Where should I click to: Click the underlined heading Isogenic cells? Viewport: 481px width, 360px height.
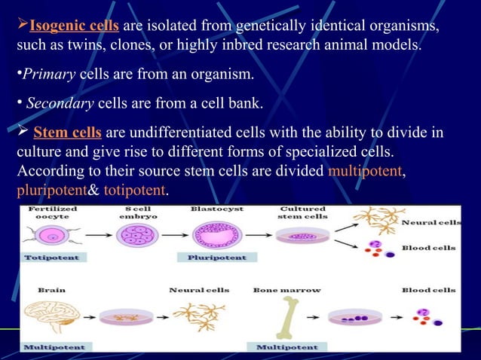(x=73, y=27)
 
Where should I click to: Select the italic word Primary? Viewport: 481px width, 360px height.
(x=48, y=75)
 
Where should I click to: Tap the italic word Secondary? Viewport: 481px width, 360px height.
(x=57, y=103)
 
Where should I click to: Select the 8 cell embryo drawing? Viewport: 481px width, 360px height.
(x=136, y=234)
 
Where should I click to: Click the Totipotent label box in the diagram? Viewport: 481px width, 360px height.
(x=55, y=258)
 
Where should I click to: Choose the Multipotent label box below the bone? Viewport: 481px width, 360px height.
(x=286, y=347)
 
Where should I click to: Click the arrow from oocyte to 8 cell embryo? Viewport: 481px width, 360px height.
(x=94, y=235)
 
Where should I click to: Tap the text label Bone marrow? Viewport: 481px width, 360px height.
(x=286, y=289)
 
